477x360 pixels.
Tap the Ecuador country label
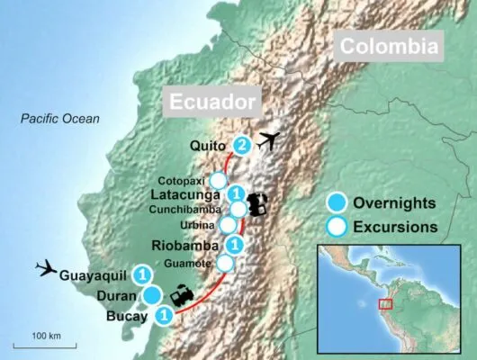tap(211, 100)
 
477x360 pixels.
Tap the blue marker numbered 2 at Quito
tap(241, 145)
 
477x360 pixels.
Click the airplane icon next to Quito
tap(269, 141)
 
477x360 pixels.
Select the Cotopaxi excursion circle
tap(218, 179)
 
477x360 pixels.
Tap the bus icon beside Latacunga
tap(257, 204)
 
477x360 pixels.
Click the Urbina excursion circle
tap(229, 224)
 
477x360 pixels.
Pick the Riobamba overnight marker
tap(234, 244)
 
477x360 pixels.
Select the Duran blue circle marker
tap(152, 295)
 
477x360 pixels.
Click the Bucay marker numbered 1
tap(164, 315)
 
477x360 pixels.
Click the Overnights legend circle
tap(338, 201)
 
